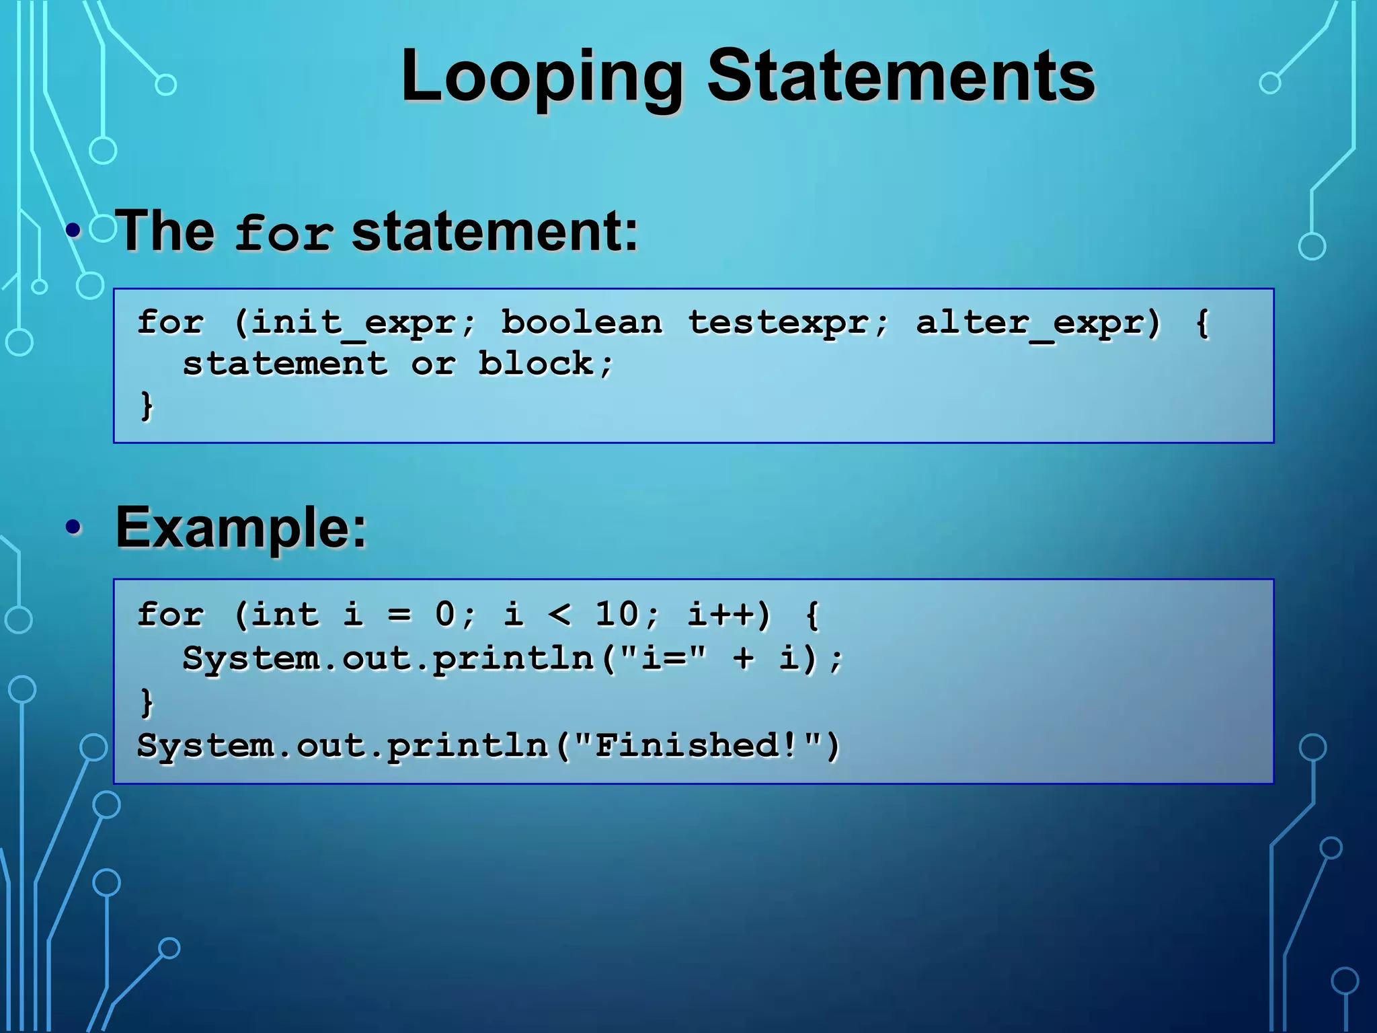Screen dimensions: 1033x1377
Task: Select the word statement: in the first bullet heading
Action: pos(495,231)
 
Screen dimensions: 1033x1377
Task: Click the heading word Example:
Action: pos(241,528)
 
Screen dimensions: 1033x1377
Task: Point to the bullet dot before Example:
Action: pos(74,527)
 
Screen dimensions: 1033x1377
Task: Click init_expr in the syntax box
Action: pos(354,322)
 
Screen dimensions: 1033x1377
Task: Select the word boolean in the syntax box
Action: pos(582,322)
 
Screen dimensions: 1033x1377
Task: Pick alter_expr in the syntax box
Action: pos(1029,322)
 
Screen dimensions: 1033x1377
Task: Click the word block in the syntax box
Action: pos(535,364)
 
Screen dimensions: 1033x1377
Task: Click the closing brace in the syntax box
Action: pos(147,406)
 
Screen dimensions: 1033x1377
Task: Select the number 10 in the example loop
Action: pos(617,614)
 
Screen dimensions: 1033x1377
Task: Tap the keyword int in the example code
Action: pos(285,614)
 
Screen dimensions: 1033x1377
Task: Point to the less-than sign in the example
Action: pos(559,614)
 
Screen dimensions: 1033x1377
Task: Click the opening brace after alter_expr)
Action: pos(1203,322)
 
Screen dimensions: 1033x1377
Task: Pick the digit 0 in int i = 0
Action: pos(445,614)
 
